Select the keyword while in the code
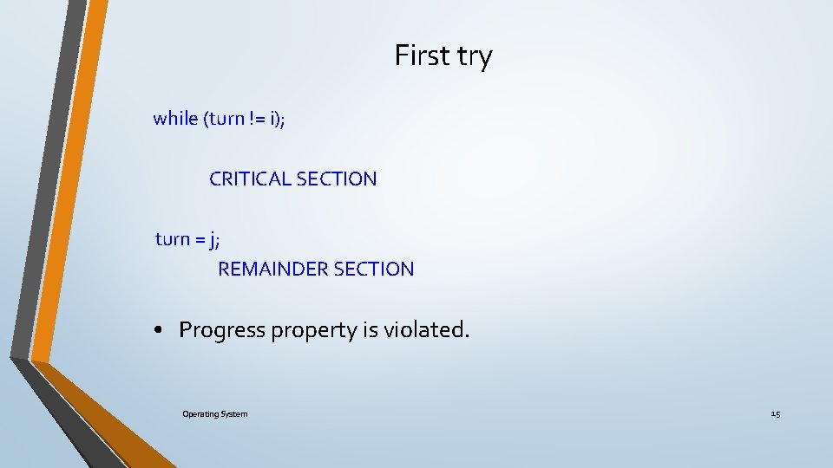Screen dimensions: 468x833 click(175, 118)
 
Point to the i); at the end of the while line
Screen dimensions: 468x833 click(278, 119)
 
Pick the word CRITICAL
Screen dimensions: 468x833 click(250, 179)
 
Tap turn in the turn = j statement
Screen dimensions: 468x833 click(173, 239)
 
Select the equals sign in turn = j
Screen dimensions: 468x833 click(201, 240)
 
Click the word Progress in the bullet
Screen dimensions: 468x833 click(222, 330)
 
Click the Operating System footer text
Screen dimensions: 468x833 click(214, 414)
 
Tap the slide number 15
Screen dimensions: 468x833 click(775, 414)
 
